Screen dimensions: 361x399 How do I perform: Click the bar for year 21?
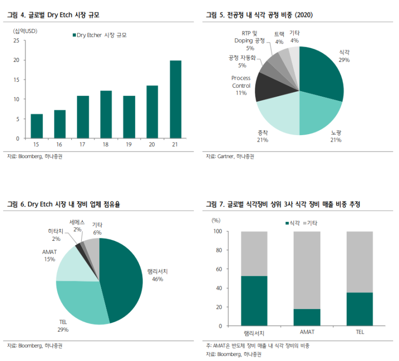tap(175, 99)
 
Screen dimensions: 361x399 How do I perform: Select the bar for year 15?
tap(36, 126)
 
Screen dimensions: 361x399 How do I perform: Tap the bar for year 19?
tap(129, 117)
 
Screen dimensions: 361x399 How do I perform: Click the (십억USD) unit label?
tap(25, 30)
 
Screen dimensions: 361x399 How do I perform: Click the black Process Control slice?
tap(266, 87)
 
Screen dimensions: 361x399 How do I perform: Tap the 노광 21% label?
tap(336, 137)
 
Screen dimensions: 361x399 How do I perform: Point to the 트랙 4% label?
tap(280, 37)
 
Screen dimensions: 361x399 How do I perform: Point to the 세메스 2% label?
tap(77, 225)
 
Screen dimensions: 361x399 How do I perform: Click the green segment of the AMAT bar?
tap(306, 317)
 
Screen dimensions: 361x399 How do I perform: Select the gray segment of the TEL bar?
tap(359, 262)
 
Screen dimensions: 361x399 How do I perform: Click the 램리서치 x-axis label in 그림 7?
tap(253, 333)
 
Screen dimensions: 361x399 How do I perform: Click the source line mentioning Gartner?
tap(230, 157)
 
